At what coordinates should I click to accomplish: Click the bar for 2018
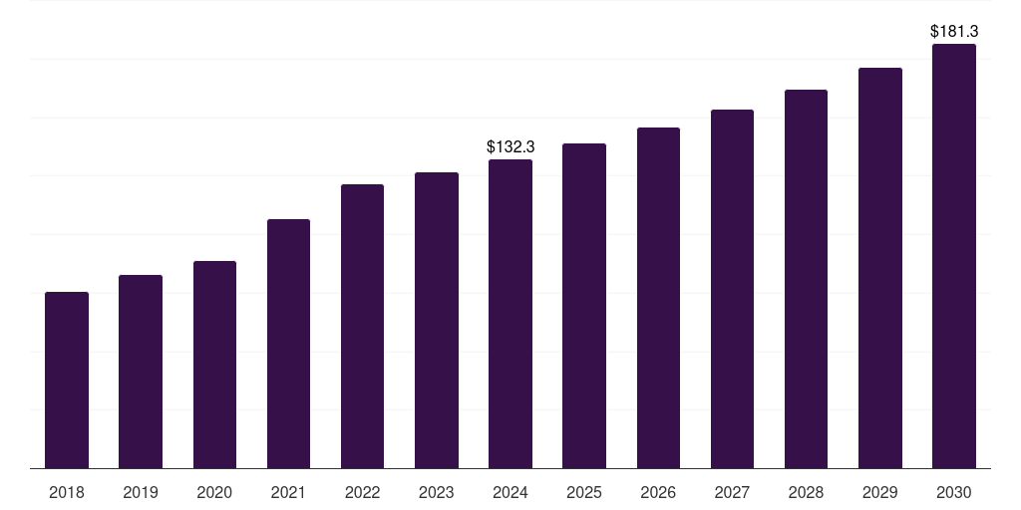(x=67, y=380)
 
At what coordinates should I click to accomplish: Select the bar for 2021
(x=288, y=344)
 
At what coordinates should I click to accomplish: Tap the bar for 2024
(x=510, y=314)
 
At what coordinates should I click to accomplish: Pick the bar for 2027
(x=732, y=289)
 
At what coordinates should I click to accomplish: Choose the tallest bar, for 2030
(x=954, y=256)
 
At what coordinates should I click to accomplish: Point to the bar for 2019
(x=141, y=372)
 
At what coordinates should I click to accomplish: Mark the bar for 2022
(x=362, y=326)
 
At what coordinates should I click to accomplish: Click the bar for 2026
(x=658, y=298)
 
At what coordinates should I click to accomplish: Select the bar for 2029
(x=880, y=268)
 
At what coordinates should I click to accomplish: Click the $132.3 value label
(x=510, y=146)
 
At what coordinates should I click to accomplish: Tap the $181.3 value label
(x=954, y=31)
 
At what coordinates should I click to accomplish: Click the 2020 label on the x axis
(x=214, y=492)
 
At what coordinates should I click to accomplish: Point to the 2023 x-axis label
(x=437, y=492)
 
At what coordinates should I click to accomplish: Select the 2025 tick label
(x=584, y=492)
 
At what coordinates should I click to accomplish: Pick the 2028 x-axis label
(x=806, y=492)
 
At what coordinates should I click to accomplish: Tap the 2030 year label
(x=954, y=492)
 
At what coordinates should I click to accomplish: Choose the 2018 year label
(x=67, y=492)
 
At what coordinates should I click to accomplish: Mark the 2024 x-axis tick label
(x=510, y=492)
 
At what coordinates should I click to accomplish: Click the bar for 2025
(x=584, y=306)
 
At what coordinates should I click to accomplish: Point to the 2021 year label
(x=288, y=492)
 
